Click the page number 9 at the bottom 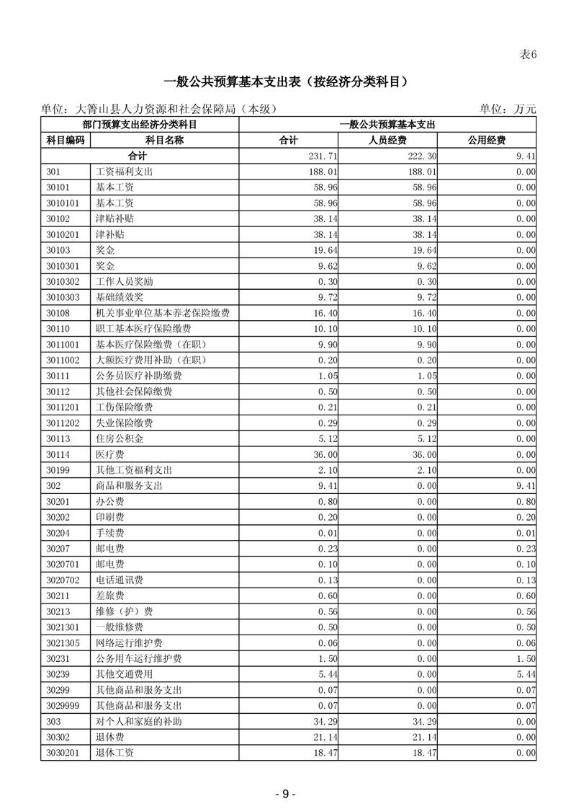285,793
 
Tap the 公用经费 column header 487,141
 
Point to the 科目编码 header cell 65,141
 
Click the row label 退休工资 114,753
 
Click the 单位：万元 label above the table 508,110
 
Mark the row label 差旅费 109,596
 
